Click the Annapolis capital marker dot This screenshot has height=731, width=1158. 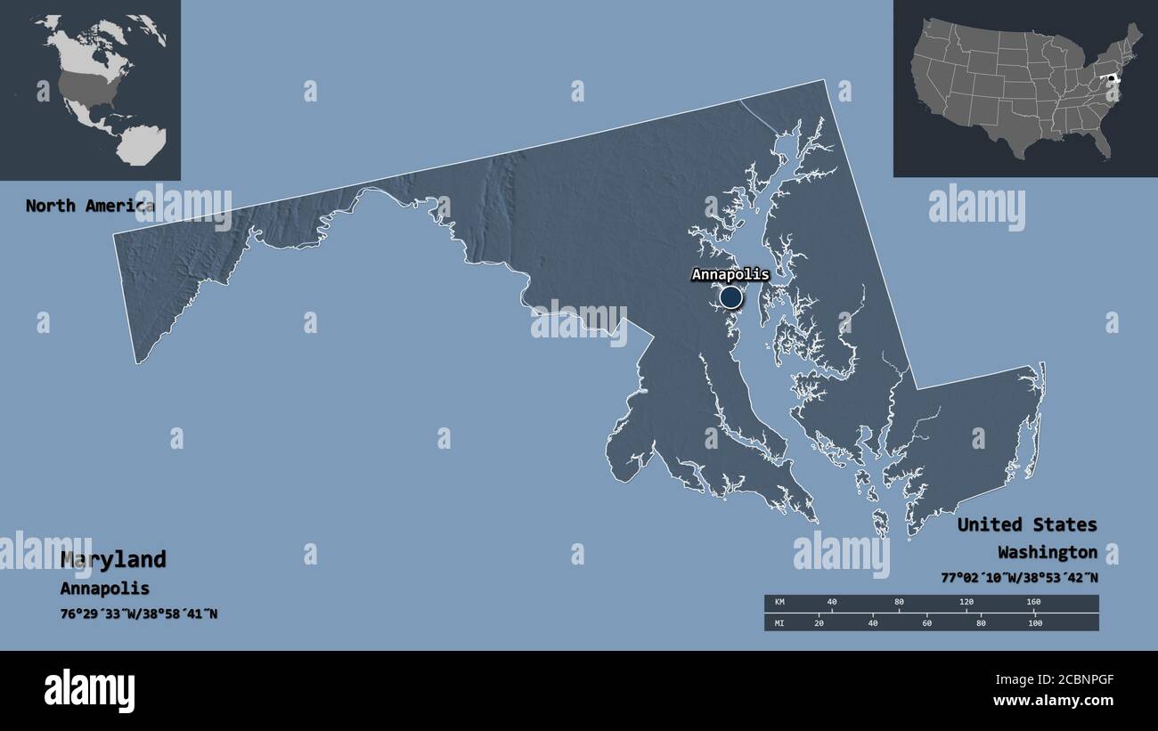coord(730,297)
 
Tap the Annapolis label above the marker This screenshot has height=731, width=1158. coord(730,275)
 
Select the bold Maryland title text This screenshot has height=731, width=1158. coord(113,559)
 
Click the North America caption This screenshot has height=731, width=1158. coord(89,206)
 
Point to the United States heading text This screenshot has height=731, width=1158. coord(1027,524)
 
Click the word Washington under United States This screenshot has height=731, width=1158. coord(1048,552)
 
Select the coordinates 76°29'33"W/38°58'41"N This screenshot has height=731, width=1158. coord(139,614)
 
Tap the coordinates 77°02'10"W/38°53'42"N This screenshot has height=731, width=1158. coord(1019,577)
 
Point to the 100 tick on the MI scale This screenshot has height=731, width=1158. coord(1034,622)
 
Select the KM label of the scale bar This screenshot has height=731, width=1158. coord(779,603)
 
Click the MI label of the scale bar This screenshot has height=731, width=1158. coord(779,622)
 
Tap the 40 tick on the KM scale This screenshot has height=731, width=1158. coord(831,603)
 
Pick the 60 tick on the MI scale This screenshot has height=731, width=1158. coord(926,622)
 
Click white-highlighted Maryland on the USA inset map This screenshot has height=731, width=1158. coord(1111,79)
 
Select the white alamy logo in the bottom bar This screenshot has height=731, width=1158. coord(89,690)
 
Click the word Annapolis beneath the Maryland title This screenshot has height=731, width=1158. coord(104,589)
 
